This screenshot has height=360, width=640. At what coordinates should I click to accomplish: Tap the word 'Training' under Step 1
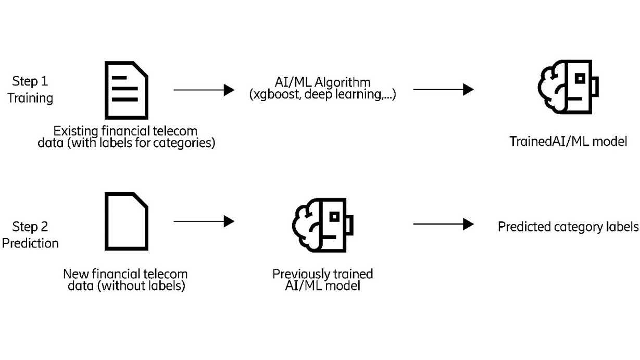coord(30,98)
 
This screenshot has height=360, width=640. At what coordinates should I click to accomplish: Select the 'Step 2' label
coord(30,227)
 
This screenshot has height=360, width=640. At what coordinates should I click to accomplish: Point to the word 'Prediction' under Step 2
coord(30,243)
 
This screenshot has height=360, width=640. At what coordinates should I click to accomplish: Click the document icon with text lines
coord(127,90)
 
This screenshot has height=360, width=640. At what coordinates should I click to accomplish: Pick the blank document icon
coord(127,221)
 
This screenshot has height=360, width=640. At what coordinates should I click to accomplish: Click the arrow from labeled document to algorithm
coord(204,90)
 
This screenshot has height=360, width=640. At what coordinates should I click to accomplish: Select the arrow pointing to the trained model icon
coord(443,90)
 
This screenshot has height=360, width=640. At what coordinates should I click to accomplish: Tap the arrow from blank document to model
coord(204,221)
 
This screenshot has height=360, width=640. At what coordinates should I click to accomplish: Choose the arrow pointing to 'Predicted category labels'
coord(443,225)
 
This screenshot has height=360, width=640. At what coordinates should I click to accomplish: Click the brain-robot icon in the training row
coord(568,87)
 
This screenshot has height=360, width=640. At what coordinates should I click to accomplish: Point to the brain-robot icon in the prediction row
coord(323,225)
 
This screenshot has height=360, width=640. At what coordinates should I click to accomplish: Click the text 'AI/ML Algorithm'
coord(323,82)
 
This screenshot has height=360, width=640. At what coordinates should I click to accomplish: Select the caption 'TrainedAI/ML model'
coord(568,141)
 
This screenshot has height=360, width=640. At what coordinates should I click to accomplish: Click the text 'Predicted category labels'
coord(568,227)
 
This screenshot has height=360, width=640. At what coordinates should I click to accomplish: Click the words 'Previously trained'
coord(323,274)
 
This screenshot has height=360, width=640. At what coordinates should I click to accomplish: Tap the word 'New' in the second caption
coord(74,274)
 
